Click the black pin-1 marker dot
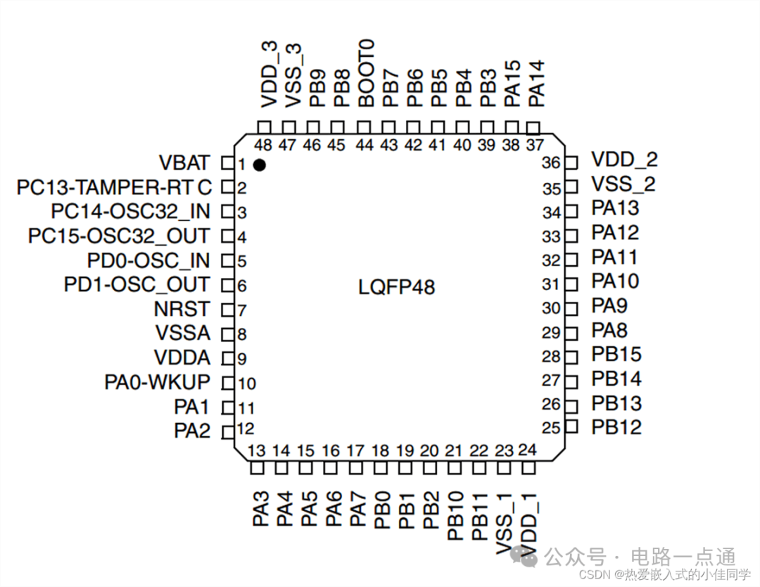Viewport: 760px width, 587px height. (x=260, y=165)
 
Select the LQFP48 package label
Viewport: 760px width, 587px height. (x=397, y=287)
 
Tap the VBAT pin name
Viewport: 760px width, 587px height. (x=184, y=163)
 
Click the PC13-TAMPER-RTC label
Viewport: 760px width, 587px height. (x=114, y=188)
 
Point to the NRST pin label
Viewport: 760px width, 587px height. (x=182, y=309)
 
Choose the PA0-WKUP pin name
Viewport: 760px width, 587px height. (x=158, y=382)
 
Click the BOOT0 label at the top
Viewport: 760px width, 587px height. (x=366, y=73)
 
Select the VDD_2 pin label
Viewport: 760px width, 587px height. (x=624, y=160)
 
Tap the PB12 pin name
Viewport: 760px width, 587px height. (x=616, y=427)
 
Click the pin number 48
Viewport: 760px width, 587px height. (x=263, y=146)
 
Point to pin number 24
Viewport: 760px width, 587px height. (x=527, y=450)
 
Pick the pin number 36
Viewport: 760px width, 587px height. (x=551, y=163)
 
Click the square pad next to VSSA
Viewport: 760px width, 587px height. (x=227, y=334)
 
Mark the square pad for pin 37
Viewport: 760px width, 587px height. (x=533, y=127)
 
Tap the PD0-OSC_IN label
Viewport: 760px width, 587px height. (x=148, y=260)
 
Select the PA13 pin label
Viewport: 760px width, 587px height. (x=615, y=208)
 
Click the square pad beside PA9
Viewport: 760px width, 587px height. (x=571, y=308)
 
